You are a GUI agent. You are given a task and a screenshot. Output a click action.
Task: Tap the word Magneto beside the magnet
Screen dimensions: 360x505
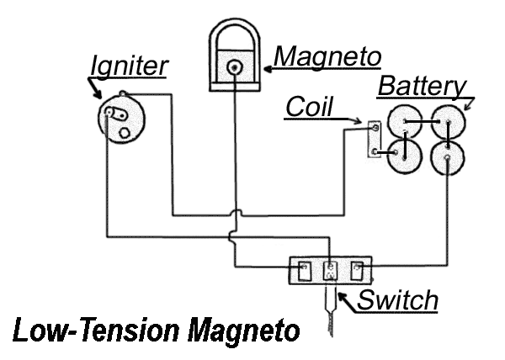[329, 56]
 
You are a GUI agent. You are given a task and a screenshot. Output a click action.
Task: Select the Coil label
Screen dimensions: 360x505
[309, 108]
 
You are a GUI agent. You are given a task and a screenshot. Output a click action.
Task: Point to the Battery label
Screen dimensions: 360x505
[421, 86]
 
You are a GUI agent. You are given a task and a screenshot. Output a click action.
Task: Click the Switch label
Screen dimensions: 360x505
[397, 299]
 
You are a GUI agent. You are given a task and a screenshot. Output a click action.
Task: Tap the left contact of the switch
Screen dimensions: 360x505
[302, 271]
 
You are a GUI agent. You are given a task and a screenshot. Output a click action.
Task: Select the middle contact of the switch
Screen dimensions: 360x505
[330, 271]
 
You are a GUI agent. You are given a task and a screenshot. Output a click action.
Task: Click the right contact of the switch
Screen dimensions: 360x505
[358, 271]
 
